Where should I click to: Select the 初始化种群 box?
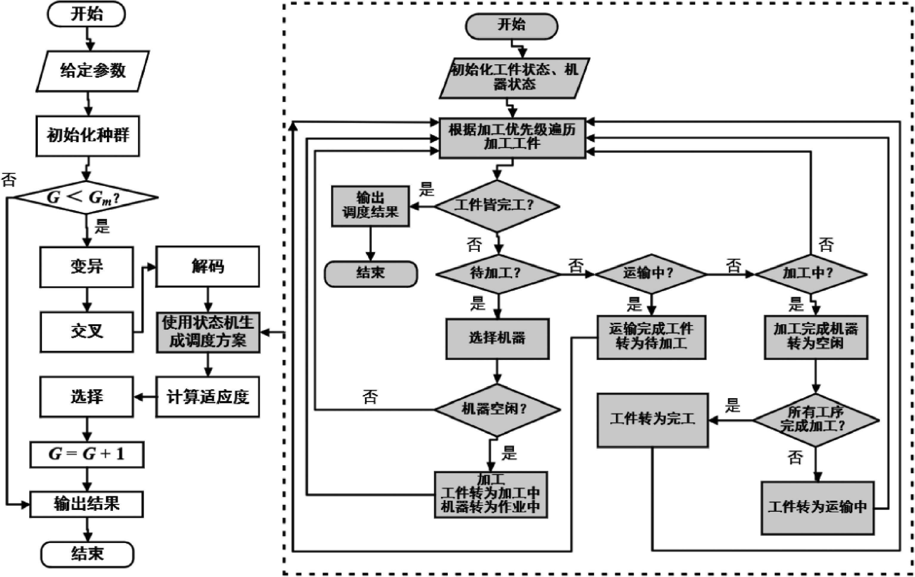(88, 136)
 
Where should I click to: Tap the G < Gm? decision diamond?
(86, 197)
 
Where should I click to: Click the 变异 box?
(87, 266)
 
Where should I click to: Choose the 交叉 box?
(87, 331)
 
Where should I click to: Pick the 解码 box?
(207, 266)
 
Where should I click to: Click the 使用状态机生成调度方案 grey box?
(208, 332)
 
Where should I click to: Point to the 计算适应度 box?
(207, 397)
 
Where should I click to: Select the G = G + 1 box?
(87, 454)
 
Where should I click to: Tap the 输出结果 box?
(87, 504)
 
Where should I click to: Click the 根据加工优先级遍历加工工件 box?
(512, 138)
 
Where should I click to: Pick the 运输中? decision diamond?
(650, 274)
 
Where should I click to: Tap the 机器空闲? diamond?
(497, 410)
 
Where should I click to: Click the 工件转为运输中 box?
(817, 508)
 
